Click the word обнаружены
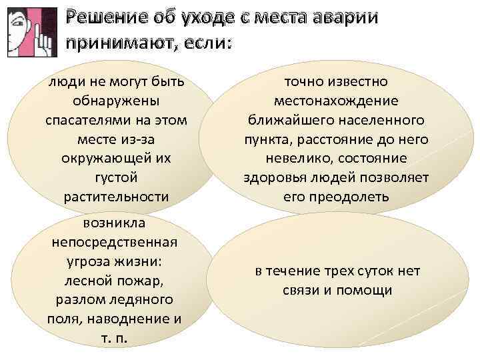pos(115,101)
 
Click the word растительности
pos(115,197)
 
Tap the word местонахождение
pos(336,101)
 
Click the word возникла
pos(115,221)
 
